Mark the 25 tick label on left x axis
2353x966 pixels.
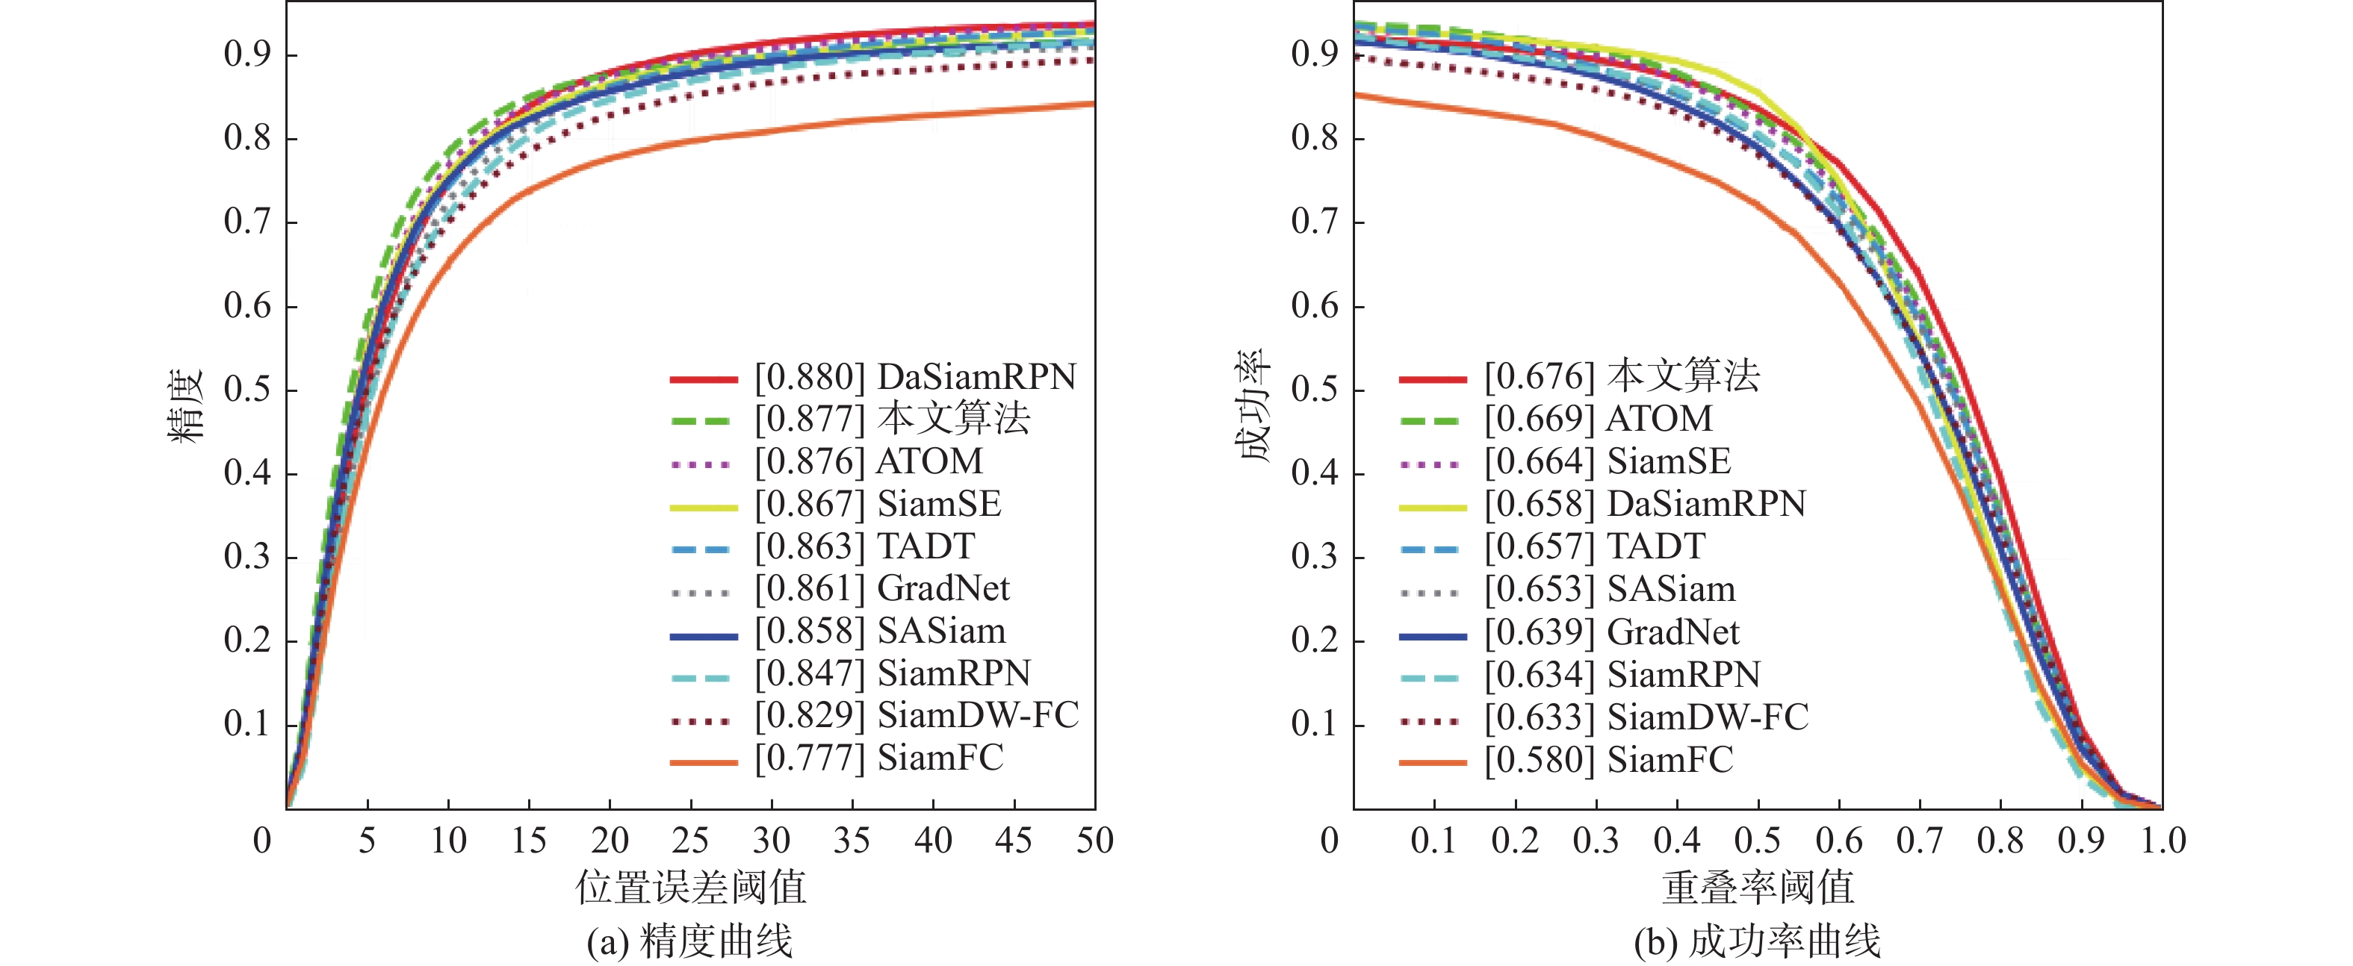pos(689,840)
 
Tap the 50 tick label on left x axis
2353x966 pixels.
pos(1094,840)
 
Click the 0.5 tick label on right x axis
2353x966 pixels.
pos(1758,840)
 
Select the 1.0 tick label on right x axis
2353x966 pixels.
pos(2162,840)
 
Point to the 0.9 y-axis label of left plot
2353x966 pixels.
pos(247,54)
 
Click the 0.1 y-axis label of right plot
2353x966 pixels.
pos(1315,724)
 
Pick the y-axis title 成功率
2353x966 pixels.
pos(1255,405)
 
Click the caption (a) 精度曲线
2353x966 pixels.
pos(689,941)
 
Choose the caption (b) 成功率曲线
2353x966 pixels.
pos(1758,941)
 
